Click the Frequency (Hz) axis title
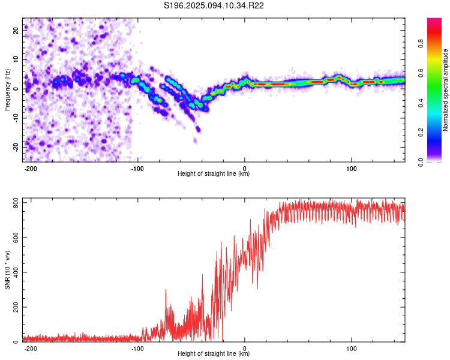coord(7,89)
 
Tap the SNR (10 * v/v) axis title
coord(7,269)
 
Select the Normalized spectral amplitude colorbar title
coord(446,89)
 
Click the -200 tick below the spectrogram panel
coord(31,167)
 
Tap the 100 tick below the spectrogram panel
coord(351,167)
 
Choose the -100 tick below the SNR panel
coord(137,347)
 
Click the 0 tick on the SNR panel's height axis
coord(245,347)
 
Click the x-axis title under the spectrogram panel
coord(214,174)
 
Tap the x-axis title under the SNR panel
coord(214,354)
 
